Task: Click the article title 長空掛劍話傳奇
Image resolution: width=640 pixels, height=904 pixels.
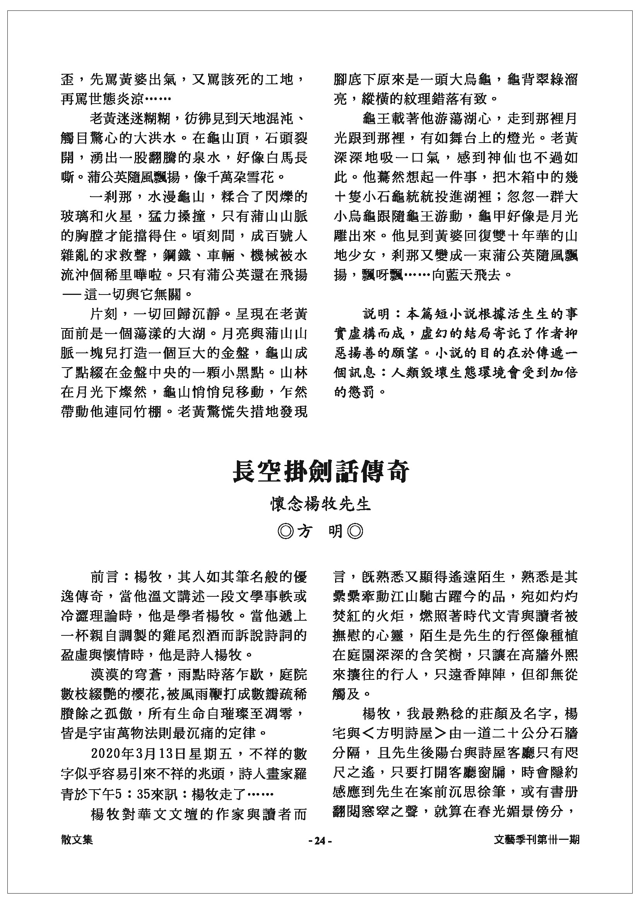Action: point(321,471)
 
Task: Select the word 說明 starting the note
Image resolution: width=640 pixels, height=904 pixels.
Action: point(376,314)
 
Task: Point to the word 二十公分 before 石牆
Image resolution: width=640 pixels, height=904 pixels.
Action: point(522,734)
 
